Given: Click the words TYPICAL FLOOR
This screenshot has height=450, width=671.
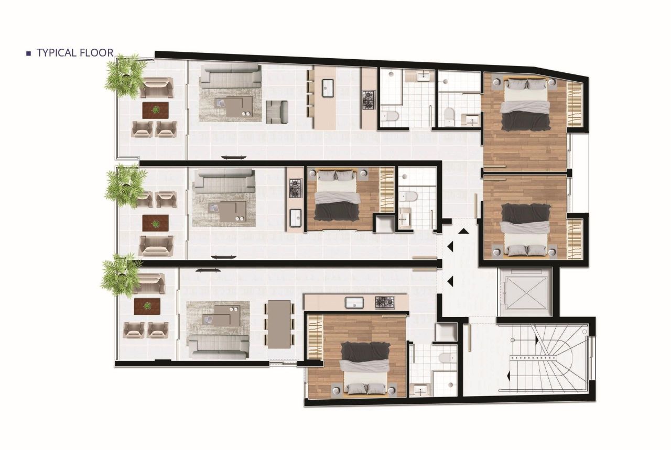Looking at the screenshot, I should pyautogui.click(x=74, y=53).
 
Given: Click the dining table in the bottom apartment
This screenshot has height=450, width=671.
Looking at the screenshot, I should pyautogui.click(x=278, y=324).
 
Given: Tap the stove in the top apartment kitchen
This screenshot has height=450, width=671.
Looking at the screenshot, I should pyautogui.click(x=368, y=100).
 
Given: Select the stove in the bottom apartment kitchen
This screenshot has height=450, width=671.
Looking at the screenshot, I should pyautogui.click(x=384, y=302).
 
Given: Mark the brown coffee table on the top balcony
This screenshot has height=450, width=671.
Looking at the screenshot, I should pyautogui.click(x=155, y=110).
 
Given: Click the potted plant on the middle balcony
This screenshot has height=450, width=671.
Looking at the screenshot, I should pyautogui.click(x=125, y=184).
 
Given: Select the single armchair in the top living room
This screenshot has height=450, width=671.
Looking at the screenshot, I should pyautogui.click(x=277, y=111).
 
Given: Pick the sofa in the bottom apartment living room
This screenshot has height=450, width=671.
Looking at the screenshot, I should pyautogui.click(x=219, y=344).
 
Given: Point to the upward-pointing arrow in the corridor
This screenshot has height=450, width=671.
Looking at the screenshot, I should pyautogui.click(x=463, y=231).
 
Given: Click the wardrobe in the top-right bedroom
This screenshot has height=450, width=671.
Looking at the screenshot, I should pyautogui.click(x=575, y=104).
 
